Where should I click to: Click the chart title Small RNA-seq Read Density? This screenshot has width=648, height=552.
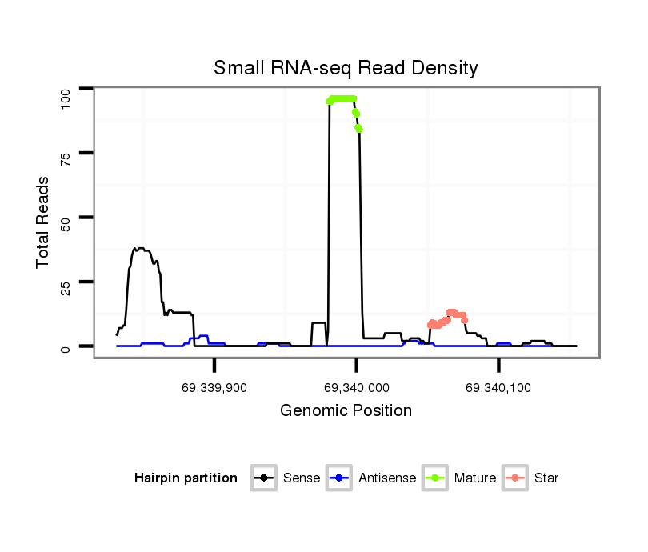click(x=346, y=68)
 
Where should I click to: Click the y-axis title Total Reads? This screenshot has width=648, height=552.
click(x=43, y=222)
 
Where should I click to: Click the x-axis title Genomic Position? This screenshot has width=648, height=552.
click(x=346, y=411)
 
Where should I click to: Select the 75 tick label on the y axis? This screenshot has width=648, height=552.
click(x=66, y=153)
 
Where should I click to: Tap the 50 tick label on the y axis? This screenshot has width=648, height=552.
click(x=66, y=218)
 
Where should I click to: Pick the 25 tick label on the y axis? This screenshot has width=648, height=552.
click(x=66, y=282)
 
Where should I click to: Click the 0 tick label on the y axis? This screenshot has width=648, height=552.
click(x=66, y=346)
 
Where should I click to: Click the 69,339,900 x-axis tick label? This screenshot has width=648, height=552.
click(x=214, y=387)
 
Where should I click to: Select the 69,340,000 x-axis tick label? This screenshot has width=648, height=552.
click(x=357, y=387)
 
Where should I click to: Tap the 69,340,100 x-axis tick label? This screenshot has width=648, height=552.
click(x=498, y=387)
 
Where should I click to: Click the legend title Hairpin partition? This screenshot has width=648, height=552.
click(x=186, y=478)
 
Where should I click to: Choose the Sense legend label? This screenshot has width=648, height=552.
click(x=302, y=478)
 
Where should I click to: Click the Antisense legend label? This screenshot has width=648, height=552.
click(x=387, y=478)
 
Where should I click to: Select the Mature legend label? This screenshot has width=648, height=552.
click(x=475, y=478)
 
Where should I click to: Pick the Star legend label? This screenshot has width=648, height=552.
click(x=546, y=478)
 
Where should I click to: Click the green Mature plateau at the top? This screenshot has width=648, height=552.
click(x=342, y=98)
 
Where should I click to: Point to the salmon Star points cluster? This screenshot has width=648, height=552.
click(x=448, y=318)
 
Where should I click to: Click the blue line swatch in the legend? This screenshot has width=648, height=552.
click(x=340, y=478)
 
